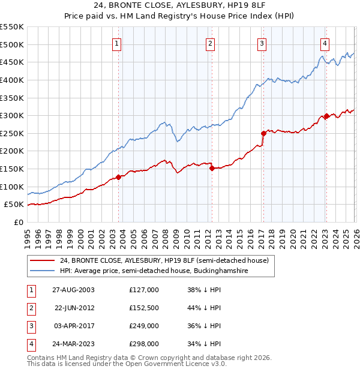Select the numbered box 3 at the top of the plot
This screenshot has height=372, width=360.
click(x=262, y=43)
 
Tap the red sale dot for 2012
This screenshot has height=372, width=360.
click(x=212, y=169)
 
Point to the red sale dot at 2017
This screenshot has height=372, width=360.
click(x=263, y=134)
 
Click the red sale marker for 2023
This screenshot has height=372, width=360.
click(x=326, y=116)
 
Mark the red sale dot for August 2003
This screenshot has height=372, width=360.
click(x=119, y=177)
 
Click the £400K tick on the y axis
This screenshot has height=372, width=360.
click(x=12, y=80)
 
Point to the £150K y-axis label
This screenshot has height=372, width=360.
click(x=12, y=169)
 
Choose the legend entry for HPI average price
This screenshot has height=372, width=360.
click(x=154, y=271)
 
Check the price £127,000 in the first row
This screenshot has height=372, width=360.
click(x=143, y=289)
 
